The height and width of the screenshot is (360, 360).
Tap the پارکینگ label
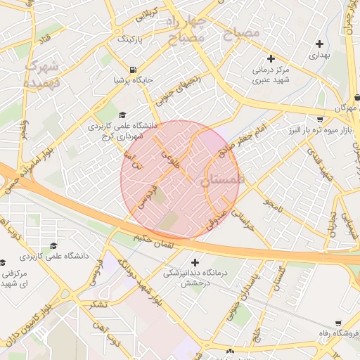tap(136, 39)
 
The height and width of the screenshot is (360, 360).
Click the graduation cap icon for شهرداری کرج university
tap(122, 116)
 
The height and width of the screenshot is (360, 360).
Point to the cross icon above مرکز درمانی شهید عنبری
tap(271, 58)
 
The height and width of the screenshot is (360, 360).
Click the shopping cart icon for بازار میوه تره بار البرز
tap(321, 120)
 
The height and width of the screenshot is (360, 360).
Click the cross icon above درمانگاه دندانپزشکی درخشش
tap(195, 262)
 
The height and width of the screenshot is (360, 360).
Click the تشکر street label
tap(98, 304)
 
